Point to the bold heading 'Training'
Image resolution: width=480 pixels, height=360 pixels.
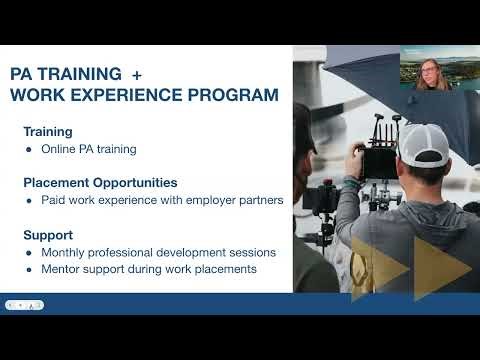(x=48, y=131)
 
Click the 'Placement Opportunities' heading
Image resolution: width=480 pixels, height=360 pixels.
(x=100, y=183)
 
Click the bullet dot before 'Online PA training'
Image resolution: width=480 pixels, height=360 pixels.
(x=29, y=149)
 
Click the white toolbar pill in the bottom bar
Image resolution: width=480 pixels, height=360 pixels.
(x=24, y=305)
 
